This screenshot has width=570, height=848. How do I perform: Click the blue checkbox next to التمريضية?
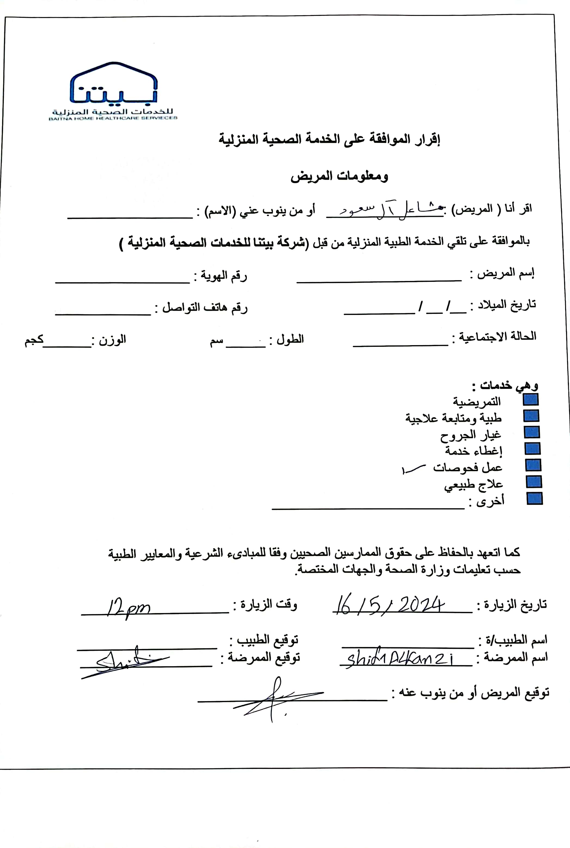pos(530,400)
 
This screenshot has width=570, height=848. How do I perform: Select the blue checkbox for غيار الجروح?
pos(532,432)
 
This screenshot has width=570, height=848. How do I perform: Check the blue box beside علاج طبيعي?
pos(534,482)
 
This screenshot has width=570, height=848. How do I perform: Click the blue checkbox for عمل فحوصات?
pos(533,465)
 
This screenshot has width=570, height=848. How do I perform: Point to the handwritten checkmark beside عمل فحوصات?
pos(413,469)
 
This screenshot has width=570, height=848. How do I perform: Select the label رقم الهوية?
pos(220,276)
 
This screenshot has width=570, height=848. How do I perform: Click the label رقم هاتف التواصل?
pos(201,307)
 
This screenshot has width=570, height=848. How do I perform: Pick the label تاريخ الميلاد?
pos(503,305)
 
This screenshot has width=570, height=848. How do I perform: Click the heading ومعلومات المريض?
pos(339,177)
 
